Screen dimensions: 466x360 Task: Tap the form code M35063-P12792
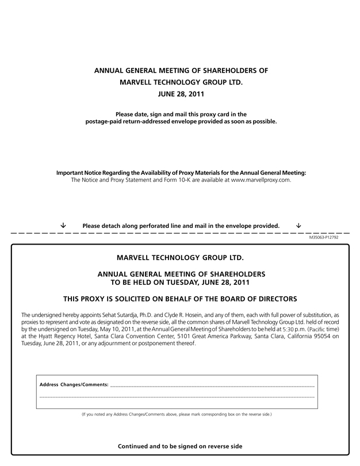pos(324,237)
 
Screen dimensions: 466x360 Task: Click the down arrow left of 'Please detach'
pos(63,225)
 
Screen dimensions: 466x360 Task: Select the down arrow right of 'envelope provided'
pos(298,225)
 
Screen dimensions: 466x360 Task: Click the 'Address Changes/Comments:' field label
pos(73,384)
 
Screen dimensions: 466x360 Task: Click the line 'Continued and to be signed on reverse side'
pos(180,446)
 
